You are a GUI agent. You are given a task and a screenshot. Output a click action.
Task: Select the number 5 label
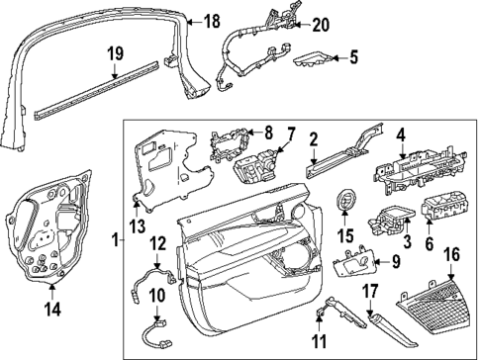pyautogui.click(x=354, y=57)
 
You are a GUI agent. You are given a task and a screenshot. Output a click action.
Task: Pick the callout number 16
pyautogui.click(x=450, y=255)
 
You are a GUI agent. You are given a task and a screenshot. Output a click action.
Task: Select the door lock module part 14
pyautogui.click(x=46, y=232)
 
